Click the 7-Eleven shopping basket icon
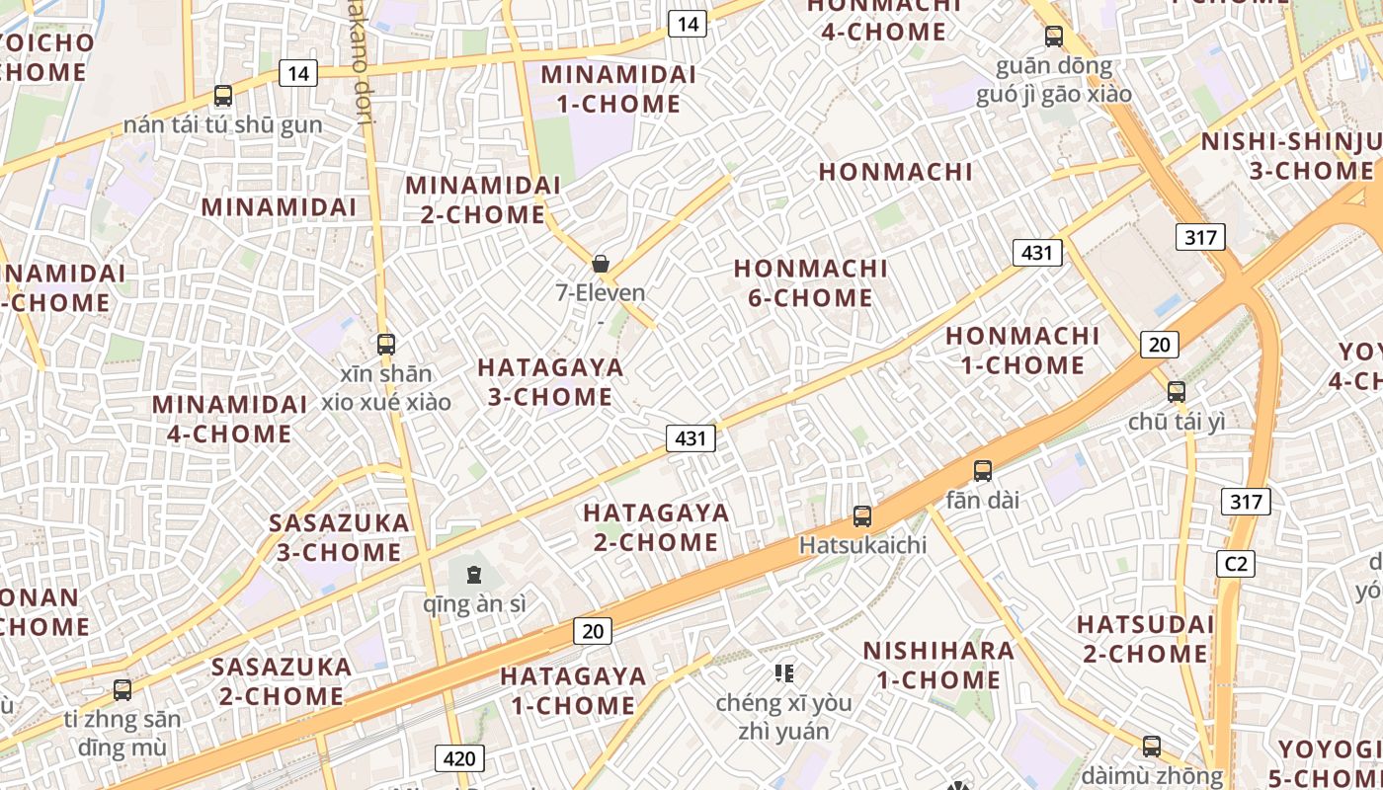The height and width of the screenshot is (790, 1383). (600, 264)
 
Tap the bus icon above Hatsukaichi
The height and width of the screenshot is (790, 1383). (862, 515)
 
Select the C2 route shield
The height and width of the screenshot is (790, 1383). (1235, 564)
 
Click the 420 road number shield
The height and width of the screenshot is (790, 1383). (459, 758)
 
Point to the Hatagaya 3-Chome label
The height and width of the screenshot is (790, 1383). (550, 382)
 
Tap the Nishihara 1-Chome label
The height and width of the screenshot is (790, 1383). (937, 665)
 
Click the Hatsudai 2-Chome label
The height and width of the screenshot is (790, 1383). (1145, 639)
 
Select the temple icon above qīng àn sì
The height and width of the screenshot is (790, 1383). (474, 574)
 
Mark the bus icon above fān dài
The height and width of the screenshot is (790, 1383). (982, 470)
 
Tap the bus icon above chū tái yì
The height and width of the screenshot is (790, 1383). (1176, 391)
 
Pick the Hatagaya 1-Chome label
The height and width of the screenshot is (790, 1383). (573, 691)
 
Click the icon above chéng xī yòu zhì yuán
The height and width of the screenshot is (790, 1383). (784, 673)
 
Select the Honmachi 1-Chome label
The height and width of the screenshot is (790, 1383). (1022, 351)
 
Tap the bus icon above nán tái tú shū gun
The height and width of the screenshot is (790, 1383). (223, 96)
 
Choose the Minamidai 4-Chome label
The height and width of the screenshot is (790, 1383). (229, 419)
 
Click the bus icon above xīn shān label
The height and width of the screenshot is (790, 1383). (386, 345)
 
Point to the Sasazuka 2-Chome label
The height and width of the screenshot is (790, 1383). (282, 681)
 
